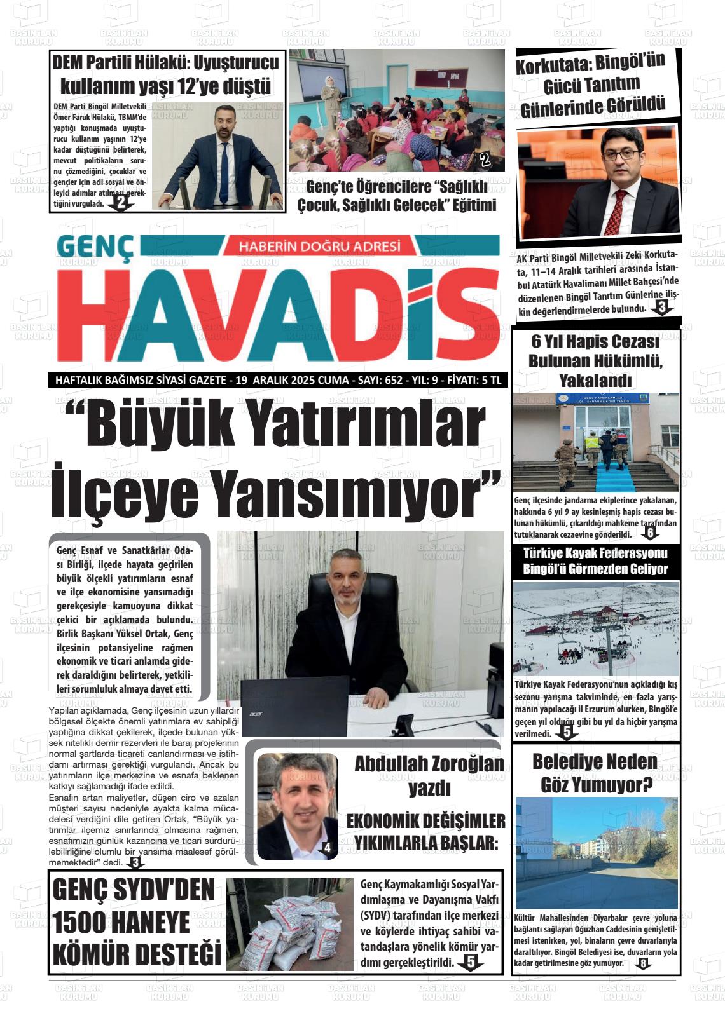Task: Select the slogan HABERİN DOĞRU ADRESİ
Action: (319, 247)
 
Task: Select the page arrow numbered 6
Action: (649, 533)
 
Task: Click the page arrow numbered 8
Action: (643, 964)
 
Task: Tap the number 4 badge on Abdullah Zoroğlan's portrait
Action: (327, 847)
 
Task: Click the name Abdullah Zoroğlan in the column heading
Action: (429, 764)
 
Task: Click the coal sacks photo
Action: (289, 923)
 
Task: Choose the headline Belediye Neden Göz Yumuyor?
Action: (595, 773)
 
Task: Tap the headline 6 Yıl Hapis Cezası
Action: (595, 342)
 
